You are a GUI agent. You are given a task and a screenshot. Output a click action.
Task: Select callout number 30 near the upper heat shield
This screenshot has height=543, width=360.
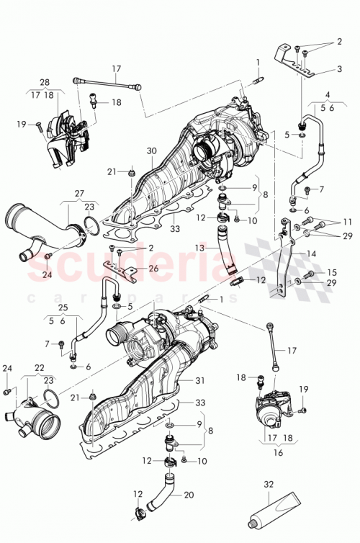coord(150,151)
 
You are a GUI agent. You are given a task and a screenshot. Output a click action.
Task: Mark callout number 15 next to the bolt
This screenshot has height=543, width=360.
coord(332,272)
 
